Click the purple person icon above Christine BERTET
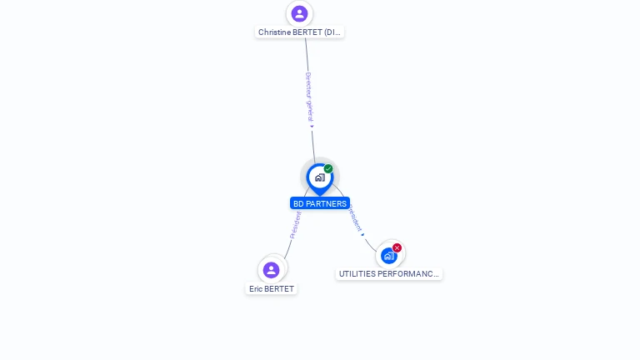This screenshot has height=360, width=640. point(299,13)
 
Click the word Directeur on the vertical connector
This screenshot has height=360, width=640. point(307,86)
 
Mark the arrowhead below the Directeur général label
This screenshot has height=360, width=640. point(312,127)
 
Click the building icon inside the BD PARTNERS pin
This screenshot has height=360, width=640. point(319,177)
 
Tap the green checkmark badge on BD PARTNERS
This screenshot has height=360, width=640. point(328,169)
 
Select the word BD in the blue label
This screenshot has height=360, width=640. point(298,203)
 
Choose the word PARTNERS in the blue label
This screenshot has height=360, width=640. point(326,203)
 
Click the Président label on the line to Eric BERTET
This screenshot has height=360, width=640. point(294,225)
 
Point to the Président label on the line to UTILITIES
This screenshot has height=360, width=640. point(355,217)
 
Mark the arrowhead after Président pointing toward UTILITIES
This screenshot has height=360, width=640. point(363,234)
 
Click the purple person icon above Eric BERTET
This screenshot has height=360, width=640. point(271,269)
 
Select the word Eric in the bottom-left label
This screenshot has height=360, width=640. point(256,289)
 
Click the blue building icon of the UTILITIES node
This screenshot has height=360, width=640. point(388,256)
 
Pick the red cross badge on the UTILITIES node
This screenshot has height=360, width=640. point(397,247)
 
